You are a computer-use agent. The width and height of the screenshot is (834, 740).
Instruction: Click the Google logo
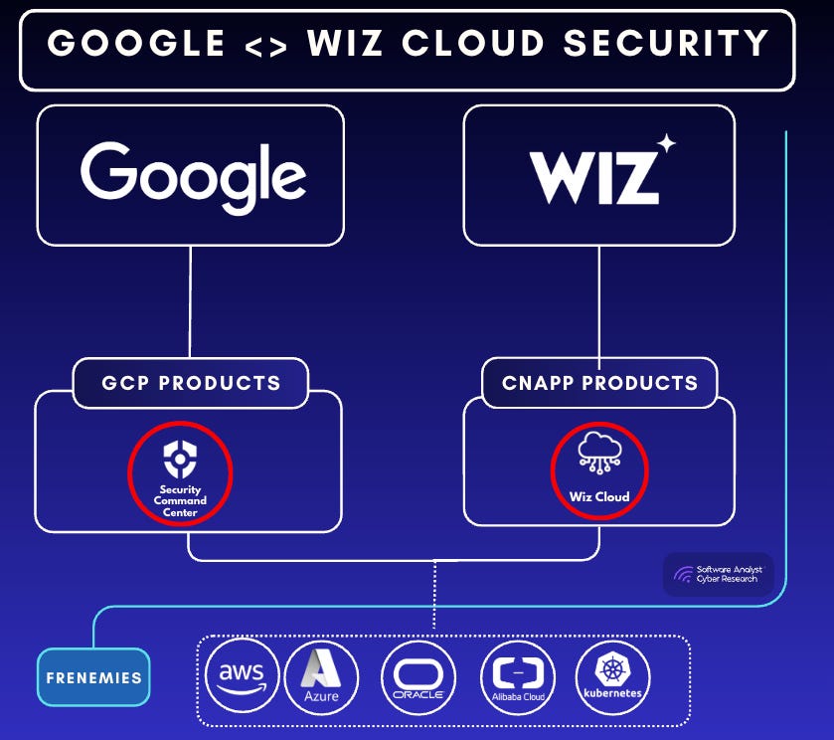pyautogui.click(x=193, y=175)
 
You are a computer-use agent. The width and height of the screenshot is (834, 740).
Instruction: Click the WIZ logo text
pyautogui.click(x=594, y=177)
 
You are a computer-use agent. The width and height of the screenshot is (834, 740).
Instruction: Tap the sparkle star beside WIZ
pyautogui.click(x=666, y=144)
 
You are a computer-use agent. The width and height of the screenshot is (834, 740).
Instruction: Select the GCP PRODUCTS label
pyautogui.click(x=191, y=383)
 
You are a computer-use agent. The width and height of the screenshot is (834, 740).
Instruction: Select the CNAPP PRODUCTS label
pyautogui.click(x=599, y=383)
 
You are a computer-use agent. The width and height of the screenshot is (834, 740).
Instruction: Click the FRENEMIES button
pyautogui.click(x=93, y=677)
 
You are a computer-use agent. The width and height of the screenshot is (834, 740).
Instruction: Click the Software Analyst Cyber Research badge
pyautogui.click(x=718, y=574)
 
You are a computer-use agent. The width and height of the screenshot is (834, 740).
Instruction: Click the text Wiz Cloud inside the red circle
pyautogui.click(x=598, y=496)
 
